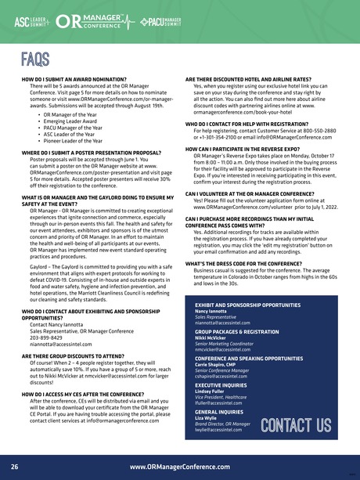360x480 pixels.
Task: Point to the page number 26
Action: pyautogui.click(x=15, y=467)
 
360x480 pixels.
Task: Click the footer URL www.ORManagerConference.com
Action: pyautogui.click(x=179, y=467)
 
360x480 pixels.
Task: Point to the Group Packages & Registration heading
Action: pyautogui.click(x=237, y=332)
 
